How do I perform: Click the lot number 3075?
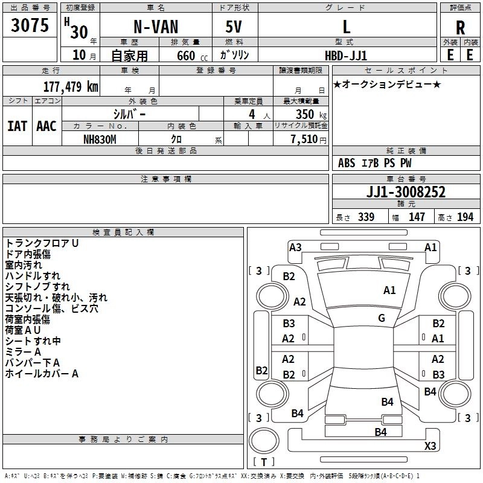pyautogui.click(x=30, y=26)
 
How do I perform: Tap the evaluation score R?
pyautogui.click(x=461, y=27)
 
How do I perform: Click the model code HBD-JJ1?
pyautogui.click(x=347, y=55)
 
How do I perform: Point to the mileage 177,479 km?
pyautogui.click(x=71, y=86)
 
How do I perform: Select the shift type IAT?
pyautogui.click(x=17, y=126)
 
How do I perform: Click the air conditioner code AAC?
pyautogui.click(x=46, y=126)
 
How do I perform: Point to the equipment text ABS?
pyautogui.click(x=347, y=163)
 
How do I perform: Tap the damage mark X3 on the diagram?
pyautogui.click(x=430, y=446)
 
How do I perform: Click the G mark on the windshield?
pyautogui.click(x=382, y=318)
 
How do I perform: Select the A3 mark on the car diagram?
pyautogui.click(x=295, y=247)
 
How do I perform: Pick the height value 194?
pyautogui.click(x=465, y=217)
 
